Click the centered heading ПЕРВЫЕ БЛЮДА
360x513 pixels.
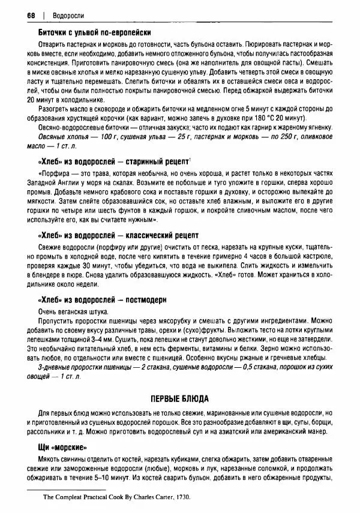point(183,399)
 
